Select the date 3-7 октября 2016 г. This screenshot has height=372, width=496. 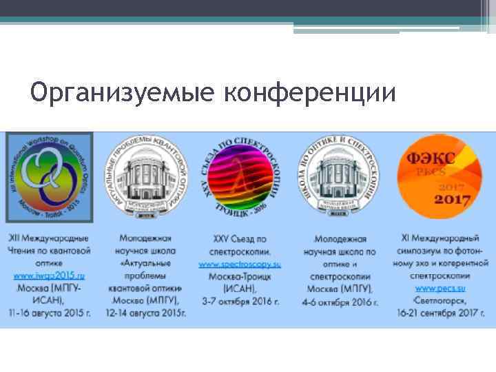click(239, 301)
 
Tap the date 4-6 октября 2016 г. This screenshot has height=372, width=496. click(340, 302)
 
